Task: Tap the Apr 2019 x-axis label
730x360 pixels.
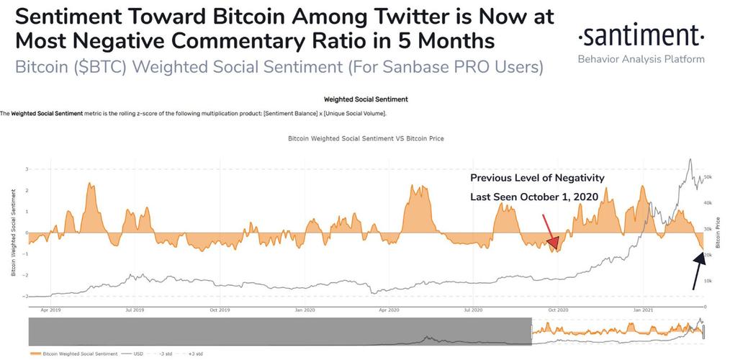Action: pyautogui.click(x=50, y=310)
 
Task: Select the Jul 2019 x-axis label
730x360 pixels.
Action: pyautogui.click(x=134, y=310)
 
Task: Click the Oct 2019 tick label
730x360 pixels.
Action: pyautogui.click(x=219, y=310)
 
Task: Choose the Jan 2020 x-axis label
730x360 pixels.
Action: pyautogui.click(x=305, y=310)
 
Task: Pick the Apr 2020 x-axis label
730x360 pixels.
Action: pyautogui.click(x=389, y=310)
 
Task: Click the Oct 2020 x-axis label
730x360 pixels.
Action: pyautogui.click(x=558, y=310)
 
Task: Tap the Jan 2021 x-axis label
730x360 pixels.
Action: pyautogui.click(x=643, y=310)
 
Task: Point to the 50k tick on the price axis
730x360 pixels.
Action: pyautogui.click(x=708, y=176)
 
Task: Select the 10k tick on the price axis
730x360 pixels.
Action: pyautogui.click(x=708, y=281)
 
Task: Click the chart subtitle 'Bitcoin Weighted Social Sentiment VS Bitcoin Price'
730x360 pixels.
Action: pyautogui.click(x=365, y=138)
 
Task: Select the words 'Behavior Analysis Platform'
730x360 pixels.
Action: pyautogui.click(x=641, y=59)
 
